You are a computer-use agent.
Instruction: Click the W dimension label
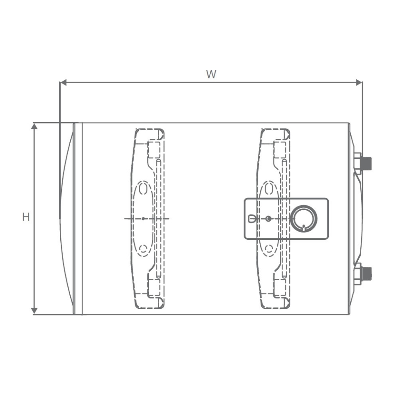tap(211, 74)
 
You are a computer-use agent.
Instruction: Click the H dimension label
tap(26, 217)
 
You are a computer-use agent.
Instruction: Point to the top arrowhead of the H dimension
tap(35, 126)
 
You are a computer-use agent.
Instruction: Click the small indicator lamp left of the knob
tap(251, 219)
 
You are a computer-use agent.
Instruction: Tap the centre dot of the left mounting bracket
tap(143, 219)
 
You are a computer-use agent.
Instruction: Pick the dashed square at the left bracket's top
tap(153, 149)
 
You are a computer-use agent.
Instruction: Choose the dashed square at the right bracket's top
tap(280, 149)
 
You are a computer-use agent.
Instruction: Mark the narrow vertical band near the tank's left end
tap(78, 219)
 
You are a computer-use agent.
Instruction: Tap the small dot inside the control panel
tap(268, 219)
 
